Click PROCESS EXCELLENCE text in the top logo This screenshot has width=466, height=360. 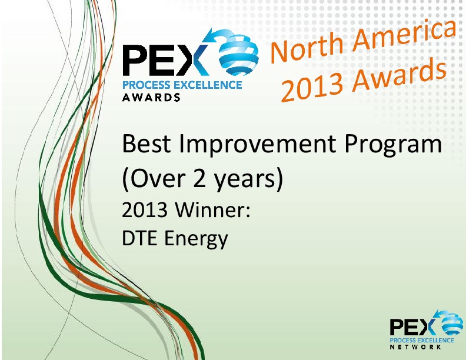[x=181, y=85]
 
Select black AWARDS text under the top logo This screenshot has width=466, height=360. [x=151, y=98]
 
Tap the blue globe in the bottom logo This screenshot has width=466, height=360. [x=449, y=323]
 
